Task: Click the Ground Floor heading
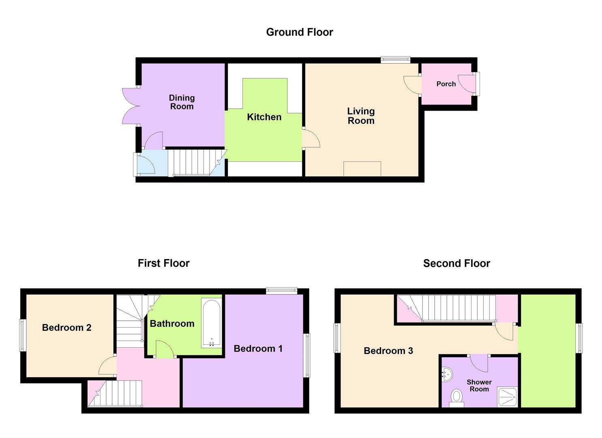point(300,32)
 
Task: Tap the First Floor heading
point(163,264)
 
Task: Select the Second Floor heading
point(456,264)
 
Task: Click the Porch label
point(446,84)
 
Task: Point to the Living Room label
point(361,116)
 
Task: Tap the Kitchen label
point(264,117)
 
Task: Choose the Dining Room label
point(182,102)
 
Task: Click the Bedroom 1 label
point(258,349)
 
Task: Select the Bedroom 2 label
point(66,328)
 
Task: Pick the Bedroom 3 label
point(388,351)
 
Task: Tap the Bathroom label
point(172,324)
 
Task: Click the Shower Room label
point(479,386)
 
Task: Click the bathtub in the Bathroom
point(211,323)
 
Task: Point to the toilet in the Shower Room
point(456,397)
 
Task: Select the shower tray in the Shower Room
point(507,397)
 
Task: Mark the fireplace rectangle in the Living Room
point(362,169)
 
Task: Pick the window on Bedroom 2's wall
point(23,335)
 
